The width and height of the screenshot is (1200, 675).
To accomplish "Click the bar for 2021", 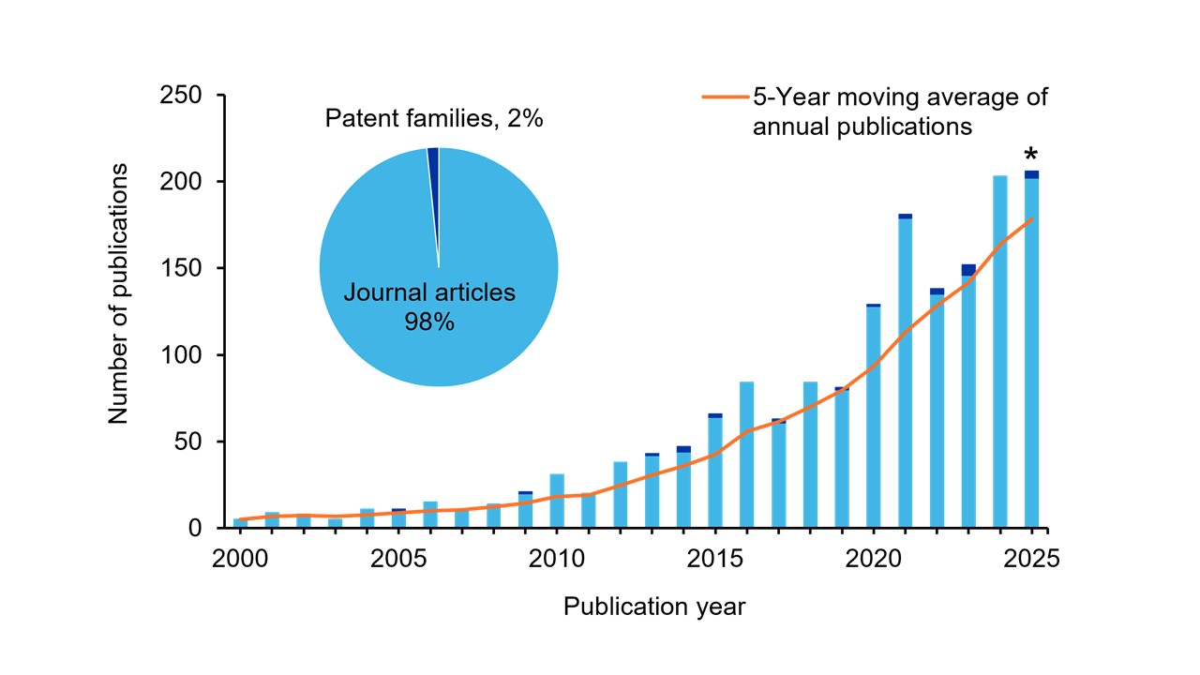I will (x=905, y=375).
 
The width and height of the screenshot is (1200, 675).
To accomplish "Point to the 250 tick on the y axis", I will (x=183, y=96).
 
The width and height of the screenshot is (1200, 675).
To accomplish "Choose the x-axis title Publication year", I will (x=654, y=607).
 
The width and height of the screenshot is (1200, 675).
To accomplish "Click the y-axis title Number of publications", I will (x=118, y=293).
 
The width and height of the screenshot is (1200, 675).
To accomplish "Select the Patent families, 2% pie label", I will (x=434, y=119).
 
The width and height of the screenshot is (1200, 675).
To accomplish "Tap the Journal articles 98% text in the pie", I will (x=429, y=307).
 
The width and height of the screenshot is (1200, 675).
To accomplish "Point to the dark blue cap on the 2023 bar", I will (x=968, y=270).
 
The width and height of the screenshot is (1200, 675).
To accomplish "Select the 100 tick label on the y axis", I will (x=183, y=355).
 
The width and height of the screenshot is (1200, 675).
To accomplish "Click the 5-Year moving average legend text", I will (x=900, y=111).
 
